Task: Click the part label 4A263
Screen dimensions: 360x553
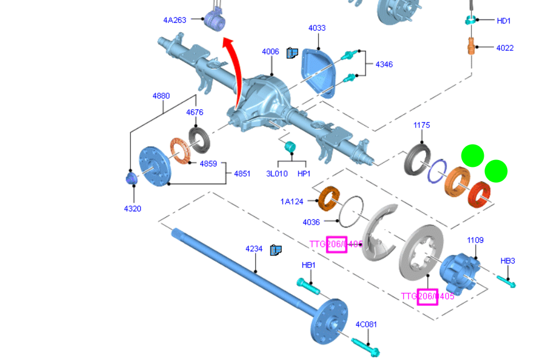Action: click(x=174, y=20)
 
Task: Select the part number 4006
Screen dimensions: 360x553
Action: click(x=270, y=52)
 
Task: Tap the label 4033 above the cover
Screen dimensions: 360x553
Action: click(x=317, y=28)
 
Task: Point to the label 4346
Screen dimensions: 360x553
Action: click(x=384, y=65)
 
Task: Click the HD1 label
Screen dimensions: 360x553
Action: click(x=503, y=21)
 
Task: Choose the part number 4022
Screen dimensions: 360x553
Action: click(x=504, y=48)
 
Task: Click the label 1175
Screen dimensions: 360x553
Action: click(x=421, y=125)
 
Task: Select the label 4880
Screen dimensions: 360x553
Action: click(x=161, y=96)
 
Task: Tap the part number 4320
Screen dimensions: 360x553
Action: click(x=132, y=209)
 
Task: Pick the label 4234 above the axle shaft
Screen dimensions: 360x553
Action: click(x=254, y=249)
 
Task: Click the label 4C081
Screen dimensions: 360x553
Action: click(x=366, y=325)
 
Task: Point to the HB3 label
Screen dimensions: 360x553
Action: click(x=508, y=261)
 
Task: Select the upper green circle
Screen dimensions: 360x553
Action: click(x=472, y=156)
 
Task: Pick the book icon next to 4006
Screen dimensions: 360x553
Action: click(x=292, y=53)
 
